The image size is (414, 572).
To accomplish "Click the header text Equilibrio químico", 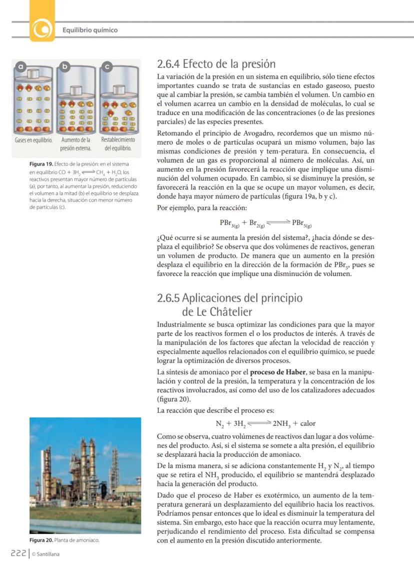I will [x=90, y=30].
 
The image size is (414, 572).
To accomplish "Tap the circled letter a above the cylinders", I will [x=20, y=66].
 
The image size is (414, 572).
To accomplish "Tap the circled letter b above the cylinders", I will [x=64, y=66].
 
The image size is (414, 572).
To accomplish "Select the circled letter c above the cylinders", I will [x=107, y=66].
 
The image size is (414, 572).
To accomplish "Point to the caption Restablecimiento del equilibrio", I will [x=118, y=144].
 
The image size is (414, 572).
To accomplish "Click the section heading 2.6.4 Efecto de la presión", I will [x=216, y=64].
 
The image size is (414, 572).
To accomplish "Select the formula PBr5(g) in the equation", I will [x=302, y=223].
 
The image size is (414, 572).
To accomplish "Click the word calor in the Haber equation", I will [x=307, y=423].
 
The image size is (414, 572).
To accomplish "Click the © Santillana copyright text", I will [x=45, y=554].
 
